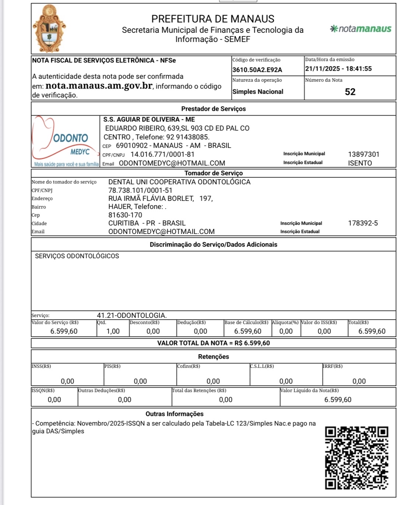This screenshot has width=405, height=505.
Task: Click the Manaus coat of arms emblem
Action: pyautogui.click(x=49, y=29)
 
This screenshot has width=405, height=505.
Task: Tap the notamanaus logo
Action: pyautogui.click(x=361, y=29)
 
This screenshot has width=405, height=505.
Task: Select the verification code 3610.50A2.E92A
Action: pyautogui.click(x=257, y=70)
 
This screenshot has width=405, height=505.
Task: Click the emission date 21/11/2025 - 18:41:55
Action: pyautogui.click(x=338, y=69)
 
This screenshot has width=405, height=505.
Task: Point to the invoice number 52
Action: pyautogui.click(x=350, y=92)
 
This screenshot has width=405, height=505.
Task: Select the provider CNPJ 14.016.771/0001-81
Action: pyautogui.click(x=162, y=154)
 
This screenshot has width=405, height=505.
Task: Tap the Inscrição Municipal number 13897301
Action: pyautogui.click(x=363, y=154)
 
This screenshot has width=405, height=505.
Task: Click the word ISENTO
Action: pyautogui.click(x=360, y=163)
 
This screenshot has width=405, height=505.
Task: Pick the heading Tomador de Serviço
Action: pyautogui.click(x=213, y=173)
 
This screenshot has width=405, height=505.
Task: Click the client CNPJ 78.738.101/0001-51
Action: pyautogui.click(x=140, y=191)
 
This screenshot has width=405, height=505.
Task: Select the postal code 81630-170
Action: pyautogui.click(x=125, y=215)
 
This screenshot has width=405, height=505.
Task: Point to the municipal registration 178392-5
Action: pyautogui.click(x=363, y=223)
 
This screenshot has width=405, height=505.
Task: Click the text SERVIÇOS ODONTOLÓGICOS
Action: pyautogui.click(x=77, y=256)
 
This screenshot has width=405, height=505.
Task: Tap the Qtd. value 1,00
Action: pyautogui.click(x=113, y=331)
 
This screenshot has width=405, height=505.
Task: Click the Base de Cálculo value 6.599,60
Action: pyautogui.click(x=248, y=331)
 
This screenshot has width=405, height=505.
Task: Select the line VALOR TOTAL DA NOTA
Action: pyautogui.click(x=213, y=343)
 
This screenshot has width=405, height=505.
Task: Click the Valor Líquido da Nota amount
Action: pyautogui.click(x=338, y=400)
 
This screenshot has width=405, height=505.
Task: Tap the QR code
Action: pyautogui.click(x=356, y=458)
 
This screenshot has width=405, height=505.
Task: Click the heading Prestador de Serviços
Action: pyautogui.click(x=213, y=109)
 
